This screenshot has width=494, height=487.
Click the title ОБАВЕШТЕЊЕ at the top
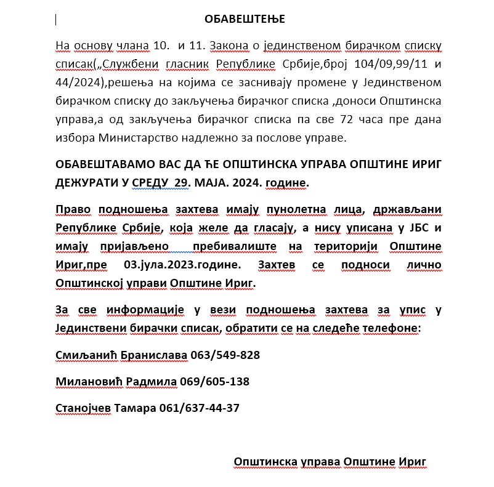pyautogui.click(x=246, y=20)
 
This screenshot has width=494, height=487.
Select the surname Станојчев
pyautogui.click(x=83, y=408)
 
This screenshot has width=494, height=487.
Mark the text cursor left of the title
pyautogui.click(x=56, y=20)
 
